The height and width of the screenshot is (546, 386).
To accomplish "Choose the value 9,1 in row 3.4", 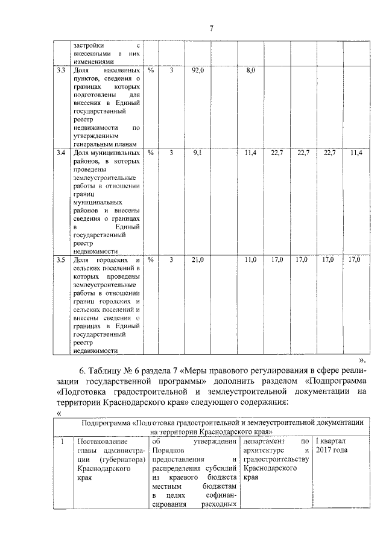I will point(197,154).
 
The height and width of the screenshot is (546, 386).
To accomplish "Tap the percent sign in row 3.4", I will point(151,154).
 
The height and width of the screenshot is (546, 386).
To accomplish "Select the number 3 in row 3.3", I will point(171,71).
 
